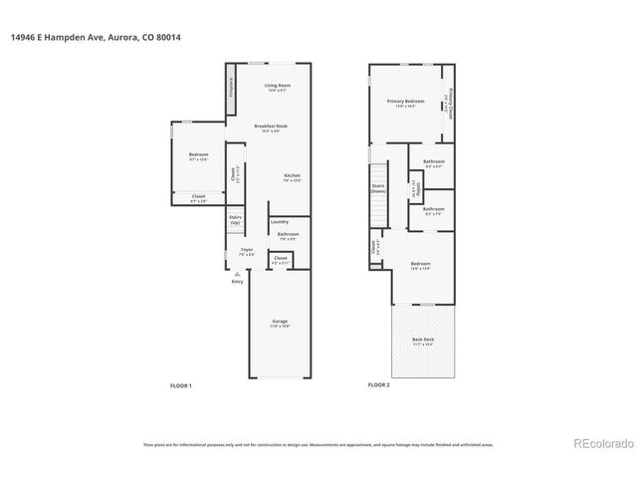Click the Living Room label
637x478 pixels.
pyautogui.click(x=277, y=87)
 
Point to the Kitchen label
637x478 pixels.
pyautogui.click(x=291, y=176)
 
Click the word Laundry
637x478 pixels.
pyautogui.click(x=279, y=221)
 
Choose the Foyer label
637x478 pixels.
pyautogui.click(x=246, y=250)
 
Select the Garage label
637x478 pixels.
pyautogui.click(x=281, y=321)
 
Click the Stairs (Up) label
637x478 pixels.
pyautogui.click(x=235, y=218)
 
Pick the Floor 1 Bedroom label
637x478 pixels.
pyautogui.click(x=198, y=155)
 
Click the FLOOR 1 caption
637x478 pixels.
pyautogui.click(x=180, y=384)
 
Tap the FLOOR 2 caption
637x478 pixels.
pyautogui.click(x=378, y=384)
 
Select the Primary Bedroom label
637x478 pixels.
pyautogui.click(x=406, y=102)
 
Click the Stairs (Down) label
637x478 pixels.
pyautogui.click(x=378, y=187)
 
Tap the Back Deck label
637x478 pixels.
pyautogui.click(x=423, y=340)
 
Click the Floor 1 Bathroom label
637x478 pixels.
pyautogui.click(x=288, y=235)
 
